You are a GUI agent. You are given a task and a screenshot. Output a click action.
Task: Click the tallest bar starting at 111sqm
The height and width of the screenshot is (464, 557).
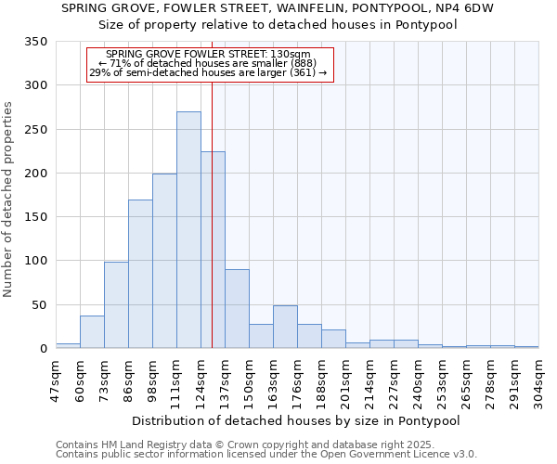tap(188, 230)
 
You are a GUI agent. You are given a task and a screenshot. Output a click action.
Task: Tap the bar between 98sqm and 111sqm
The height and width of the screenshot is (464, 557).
tap(164, 261)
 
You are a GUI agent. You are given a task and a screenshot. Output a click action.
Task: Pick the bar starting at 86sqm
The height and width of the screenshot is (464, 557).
tap(140, 274)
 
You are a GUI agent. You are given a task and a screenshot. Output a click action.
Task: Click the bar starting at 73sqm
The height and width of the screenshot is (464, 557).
tap(116, 305)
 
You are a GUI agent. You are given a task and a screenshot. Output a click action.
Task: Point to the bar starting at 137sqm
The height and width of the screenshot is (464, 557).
tap(237, 309)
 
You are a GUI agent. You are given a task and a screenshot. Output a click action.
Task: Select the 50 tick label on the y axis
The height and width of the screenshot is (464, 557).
tap(40, 305)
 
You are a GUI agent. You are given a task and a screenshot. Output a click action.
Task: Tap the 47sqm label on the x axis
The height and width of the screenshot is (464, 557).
tap(56, 379)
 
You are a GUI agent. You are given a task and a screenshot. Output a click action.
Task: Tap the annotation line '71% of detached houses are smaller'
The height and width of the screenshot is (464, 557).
tap(210, 63)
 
